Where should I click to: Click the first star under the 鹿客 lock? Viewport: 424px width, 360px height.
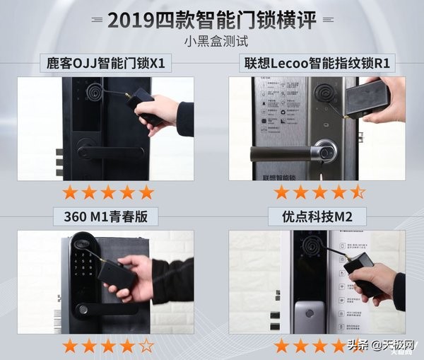tap(70, 192)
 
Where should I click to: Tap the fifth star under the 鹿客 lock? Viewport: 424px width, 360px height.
tap(146, 192)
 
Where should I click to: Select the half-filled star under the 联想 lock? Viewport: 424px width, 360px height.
tap(358, 192)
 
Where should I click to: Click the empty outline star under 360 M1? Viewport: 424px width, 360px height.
tap(146, 346)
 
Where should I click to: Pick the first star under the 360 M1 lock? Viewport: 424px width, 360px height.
tap(70, 346)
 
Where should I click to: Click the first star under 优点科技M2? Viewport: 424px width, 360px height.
tap(282, 346)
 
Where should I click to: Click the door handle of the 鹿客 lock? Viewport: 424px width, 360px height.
tap(106, 151)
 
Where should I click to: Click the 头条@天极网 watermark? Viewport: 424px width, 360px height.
tap(382, 345)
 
